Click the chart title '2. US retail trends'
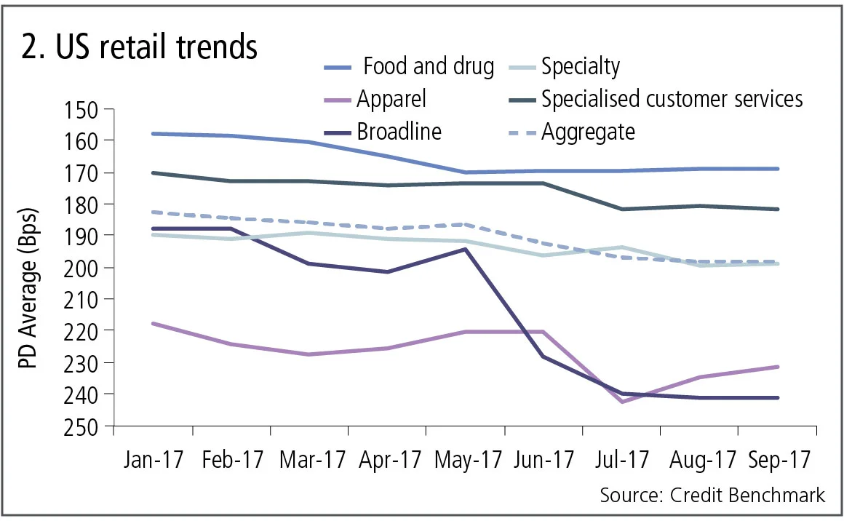pyautogui.click(x=138, y=47)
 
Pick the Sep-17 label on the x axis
pyautogui.click(x=779, y=461)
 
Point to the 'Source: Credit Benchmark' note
pyautogui.click(x=712, y=496)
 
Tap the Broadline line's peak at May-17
pyautogui.click(x=465, y=249)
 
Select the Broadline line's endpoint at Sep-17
pyautogui.click(x=779, y=398)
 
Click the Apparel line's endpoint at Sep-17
pyautogui.click(x=779, y=367)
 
